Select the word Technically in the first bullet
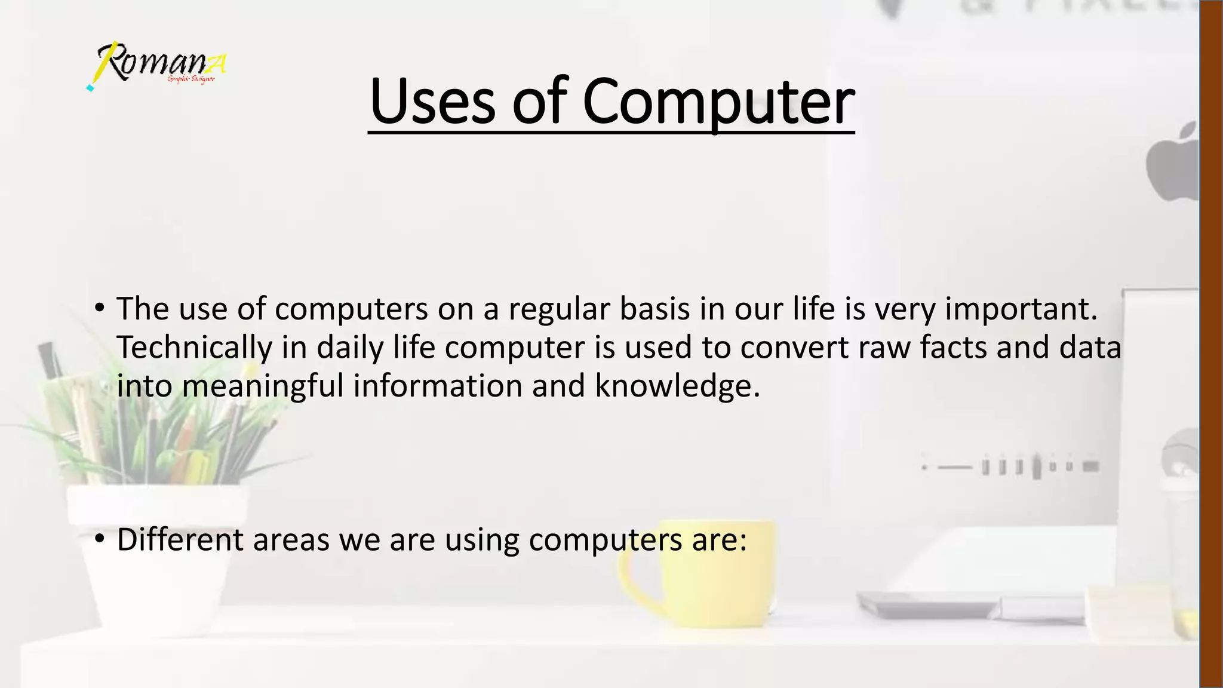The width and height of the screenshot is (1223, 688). pyautogui.click(x=193, y=348)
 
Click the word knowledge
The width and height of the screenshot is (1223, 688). pyautogui.click(x=677, y=386)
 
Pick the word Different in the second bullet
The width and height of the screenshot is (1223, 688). pyautogui.click(x=180, y=539)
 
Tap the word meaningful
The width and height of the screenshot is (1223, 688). pyautogui.click(x=263, y=386)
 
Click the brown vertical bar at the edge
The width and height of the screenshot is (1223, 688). pyautogui.click(x=1211, y=344)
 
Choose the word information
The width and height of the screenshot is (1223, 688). pyautogui.click(x=437, y=386)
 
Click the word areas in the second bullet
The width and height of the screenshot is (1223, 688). pyautogui.click(x=291, y=539)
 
